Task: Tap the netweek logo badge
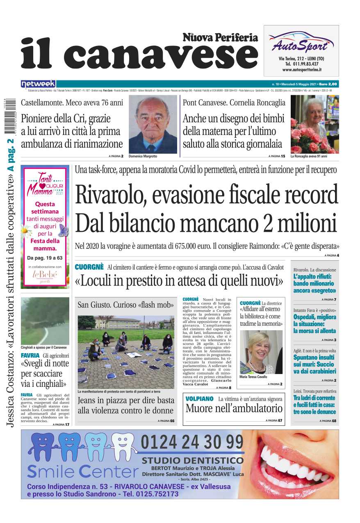[38, 84]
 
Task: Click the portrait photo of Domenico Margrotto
[153, 125]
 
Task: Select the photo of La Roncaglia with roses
[314, 125]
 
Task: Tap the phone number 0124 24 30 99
[192, 443]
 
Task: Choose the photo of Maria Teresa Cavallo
[261, 352]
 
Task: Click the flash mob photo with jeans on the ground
[126, 352]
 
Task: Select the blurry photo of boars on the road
[45, 321]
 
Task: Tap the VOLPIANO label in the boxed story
[199, 398]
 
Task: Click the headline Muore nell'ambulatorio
[234, 409]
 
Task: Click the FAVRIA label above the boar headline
[30, 355]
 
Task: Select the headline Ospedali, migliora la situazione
[314, 324]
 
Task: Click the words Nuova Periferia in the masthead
[220, 38]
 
